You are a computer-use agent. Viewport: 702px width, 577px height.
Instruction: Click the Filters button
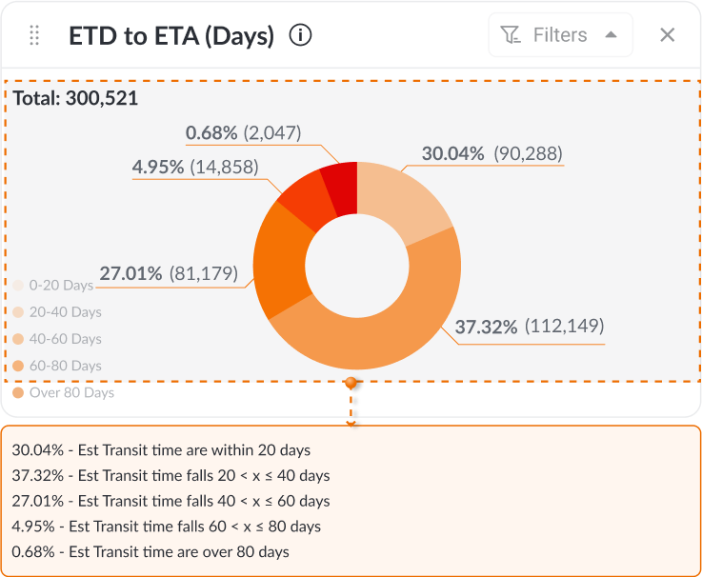[x=560, y=35]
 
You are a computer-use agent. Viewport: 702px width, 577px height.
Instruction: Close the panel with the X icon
[x=667, y=35]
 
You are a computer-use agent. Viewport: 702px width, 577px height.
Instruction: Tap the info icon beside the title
[x=301, y=36]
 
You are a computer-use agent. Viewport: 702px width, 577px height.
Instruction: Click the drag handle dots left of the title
[x=34, y=36]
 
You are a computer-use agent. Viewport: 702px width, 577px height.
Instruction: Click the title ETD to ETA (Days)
[x=171, y=36]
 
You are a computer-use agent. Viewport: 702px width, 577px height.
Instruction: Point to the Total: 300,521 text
[x=75, y=97]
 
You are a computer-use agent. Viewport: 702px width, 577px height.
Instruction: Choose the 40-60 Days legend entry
[x=57, y=339]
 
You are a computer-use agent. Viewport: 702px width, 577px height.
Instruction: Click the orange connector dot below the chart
[x=351, y=383]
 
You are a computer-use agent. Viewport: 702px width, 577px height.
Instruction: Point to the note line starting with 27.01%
[x=170, y=501]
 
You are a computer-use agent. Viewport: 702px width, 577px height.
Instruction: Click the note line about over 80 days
[x=150, y=551]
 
